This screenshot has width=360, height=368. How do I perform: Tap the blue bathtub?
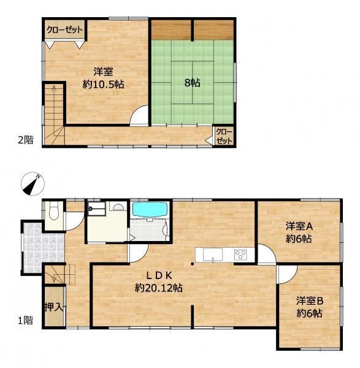click(x=150, y=209)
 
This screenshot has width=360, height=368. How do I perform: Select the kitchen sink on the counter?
click(x=213, y=255)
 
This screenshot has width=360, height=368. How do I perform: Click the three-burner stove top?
click(x=241, y=255)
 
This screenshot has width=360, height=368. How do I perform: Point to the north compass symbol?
click(x=33, y=184)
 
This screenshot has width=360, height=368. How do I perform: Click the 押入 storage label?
click(x=54, y=307)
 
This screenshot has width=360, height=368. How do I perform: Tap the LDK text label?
click(x=159, y=275)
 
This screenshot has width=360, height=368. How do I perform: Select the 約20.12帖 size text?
click(x=159, y=288)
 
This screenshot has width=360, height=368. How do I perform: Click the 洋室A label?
click(x=299, y=226)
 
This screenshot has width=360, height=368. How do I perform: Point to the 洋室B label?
click(x=310, y=301)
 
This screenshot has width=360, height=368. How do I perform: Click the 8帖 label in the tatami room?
click(x=193, y=83)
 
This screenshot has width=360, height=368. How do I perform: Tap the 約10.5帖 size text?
click(x=103, y=84)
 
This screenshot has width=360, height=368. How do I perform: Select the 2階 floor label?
click(x=26, y=140)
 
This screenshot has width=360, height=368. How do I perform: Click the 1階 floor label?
click(x=26, y=320)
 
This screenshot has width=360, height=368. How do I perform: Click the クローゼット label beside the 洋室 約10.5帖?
click(x=64, y=30)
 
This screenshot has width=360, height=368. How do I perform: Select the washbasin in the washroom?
click(x=118, y=207)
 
